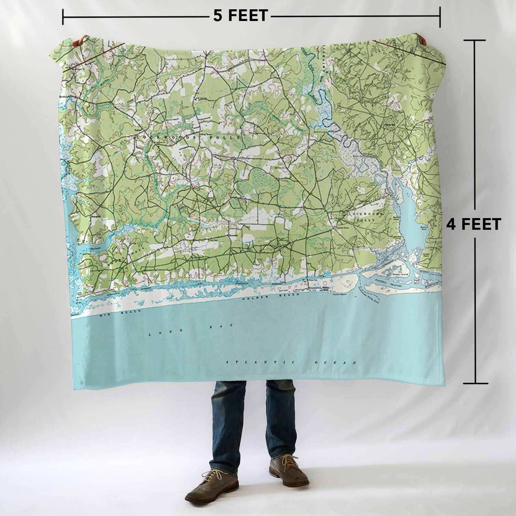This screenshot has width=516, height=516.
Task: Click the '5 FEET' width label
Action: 240,16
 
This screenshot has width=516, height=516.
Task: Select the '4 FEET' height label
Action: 473,224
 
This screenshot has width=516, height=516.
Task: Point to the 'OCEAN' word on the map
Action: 335,363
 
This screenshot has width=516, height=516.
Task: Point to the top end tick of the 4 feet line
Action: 475,41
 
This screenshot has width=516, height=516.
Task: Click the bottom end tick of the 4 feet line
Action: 475,383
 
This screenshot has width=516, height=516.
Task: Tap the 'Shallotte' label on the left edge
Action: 94,248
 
